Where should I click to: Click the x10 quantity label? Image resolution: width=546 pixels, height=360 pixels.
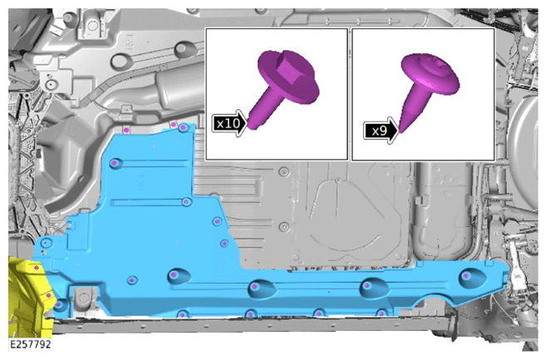[227, 123]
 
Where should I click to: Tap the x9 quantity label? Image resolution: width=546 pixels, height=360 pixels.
[379, 131]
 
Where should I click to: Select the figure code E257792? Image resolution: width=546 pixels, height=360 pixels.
[30, 344]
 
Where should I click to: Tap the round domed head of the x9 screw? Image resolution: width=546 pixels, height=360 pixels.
[430, 74]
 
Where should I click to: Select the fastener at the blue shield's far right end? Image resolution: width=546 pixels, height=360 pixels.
[466, 276]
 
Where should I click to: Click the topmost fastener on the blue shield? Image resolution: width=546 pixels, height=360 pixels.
[181, 128]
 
